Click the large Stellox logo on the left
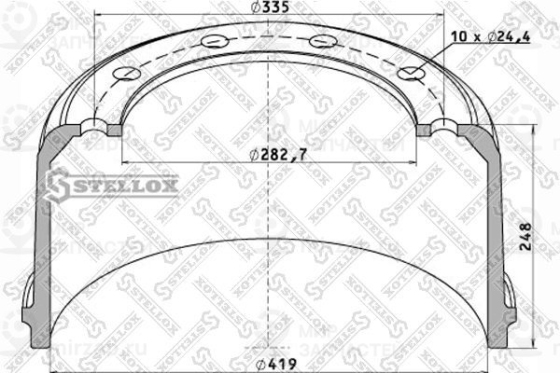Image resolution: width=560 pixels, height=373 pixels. click(x=112, y=185)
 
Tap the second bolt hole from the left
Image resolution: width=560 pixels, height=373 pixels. click(x=214, y=41)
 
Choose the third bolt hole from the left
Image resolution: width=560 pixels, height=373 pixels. click(x=323, y=41)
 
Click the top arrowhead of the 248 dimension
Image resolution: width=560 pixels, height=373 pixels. click(x=533, y=131)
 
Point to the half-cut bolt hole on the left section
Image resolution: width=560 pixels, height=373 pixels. click(x=95, y=125)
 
